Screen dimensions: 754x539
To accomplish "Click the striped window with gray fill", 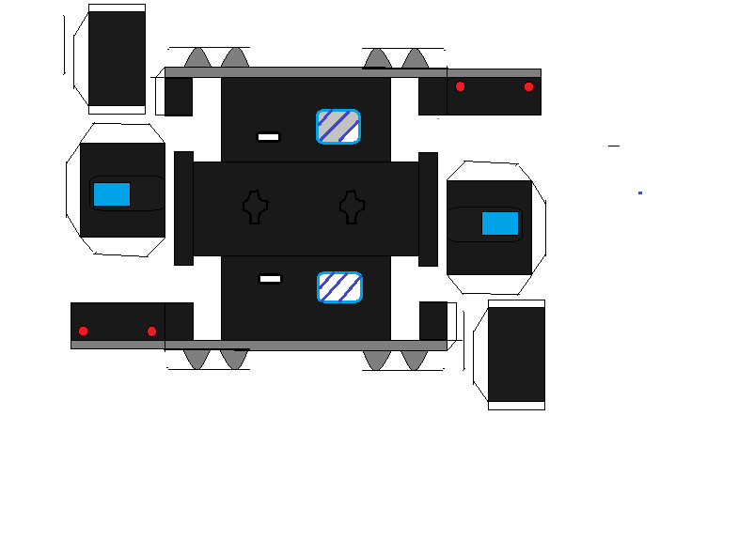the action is [338, 127].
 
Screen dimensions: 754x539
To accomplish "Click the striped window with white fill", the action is [339, 287].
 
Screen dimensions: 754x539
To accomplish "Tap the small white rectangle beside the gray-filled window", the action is [268, 137].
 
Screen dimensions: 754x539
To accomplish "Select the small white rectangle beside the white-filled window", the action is [270, 279].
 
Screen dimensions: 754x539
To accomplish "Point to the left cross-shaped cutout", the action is [255, 207].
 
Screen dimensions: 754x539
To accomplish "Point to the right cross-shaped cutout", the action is [353, 207].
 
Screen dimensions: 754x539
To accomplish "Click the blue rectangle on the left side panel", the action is [112, 194].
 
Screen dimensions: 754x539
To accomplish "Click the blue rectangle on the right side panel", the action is [499, 223].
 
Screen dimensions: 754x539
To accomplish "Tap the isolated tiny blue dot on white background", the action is [640, 192].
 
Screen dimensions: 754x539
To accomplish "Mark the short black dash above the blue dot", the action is [614, 146].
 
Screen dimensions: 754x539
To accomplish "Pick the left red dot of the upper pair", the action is [460, 86].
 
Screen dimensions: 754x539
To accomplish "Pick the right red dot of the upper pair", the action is [528, 86].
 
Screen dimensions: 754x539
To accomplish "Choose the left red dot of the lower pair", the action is [83, 331].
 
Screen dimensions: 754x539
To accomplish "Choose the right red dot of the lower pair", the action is [151, 331].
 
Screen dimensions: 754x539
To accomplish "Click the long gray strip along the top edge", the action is [353, 72].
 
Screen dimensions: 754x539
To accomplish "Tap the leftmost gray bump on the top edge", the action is [196, 59].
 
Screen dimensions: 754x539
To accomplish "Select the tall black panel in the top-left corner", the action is [117, 58].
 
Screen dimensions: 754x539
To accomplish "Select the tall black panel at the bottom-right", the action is [516, 355].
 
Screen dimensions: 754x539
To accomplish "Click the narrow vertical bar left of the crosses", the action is [183, 208].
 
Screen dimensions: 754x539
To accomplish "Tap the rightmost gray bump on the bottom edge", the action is [415, 359].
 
